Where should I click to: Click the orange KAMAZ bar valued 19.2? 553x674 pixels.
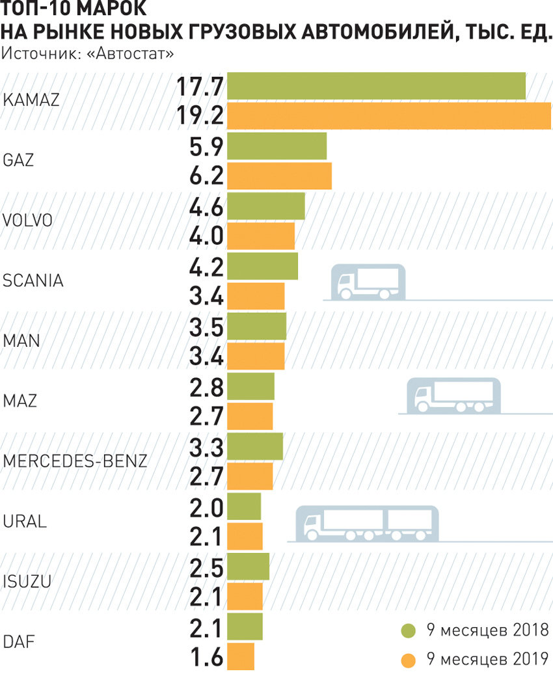point(389,116)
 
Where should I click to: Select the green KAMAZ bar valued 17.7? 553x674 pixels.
point(376,87)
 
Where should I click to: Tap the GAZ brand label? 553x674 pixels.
point(19,161)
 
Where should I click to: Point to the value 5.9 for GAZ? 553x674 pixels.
point(207,146)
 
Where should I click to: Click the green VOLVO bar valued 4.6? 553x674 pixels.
point(266,206)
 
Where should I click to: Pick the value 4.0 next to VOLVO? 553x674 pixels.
point(207,236)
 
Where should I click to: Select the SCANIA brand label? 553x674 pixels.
point(33,281)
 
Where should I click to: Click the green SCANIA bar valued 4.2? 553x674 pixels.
point(263,266)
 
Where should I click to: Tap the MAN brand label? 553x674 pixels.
point(21,341)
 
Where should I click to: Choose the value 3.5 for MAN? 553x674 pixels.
point(207,326)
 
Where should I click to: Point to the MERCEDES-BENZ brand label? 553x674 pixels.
point(75,461)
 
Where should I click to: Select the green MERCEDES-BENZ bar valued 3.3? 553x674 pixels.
point(255,446)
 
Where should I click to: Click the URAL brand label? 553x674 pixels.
point(25,521)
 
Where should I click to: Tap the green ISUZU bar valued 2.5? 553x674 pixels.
point(248,566)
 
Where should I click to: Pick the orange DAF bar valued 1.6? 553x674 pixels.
point(241,656)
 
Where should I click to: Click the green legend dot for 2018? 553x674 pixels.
point(408,630)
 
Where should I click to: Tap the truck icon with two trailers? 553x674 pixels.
point(367,523)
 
